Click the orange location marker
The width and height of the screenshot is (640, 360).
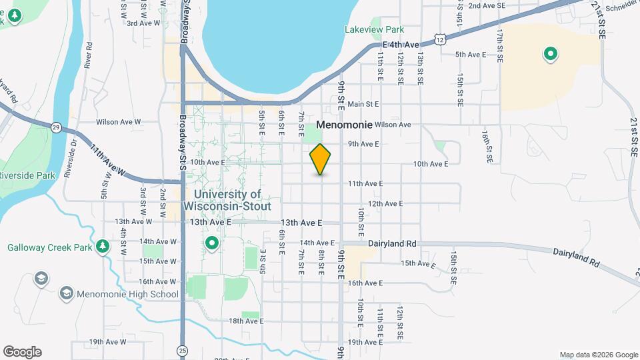point(321,159)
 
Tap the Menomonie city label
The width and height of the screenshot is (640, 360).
point(344,125)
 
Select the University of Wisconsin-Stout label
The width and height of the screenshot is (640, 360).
point(232,200)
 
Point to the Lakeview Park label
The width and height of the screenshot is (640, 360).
point(375,29)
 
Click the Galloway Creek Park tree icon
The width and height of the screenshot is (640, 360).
point(102,247)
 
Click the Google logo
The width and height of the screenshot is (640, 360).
point(22,352)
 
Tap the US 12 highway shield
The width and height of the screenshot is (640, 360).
point(440,40)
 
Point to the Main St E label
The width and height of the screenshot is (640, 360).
point(363,104)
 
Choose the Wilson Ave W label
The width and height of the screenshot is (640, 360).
point(119,122)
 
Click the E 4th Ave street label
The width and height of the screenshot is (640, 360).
point(400,45)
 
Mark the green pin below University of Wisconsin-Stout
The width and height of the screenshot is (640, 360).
point(213,244)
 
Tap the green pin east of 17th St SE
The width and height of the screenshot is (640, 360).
point(551,53)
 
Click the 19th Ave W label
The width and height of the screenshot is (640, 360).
point(107,342)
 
